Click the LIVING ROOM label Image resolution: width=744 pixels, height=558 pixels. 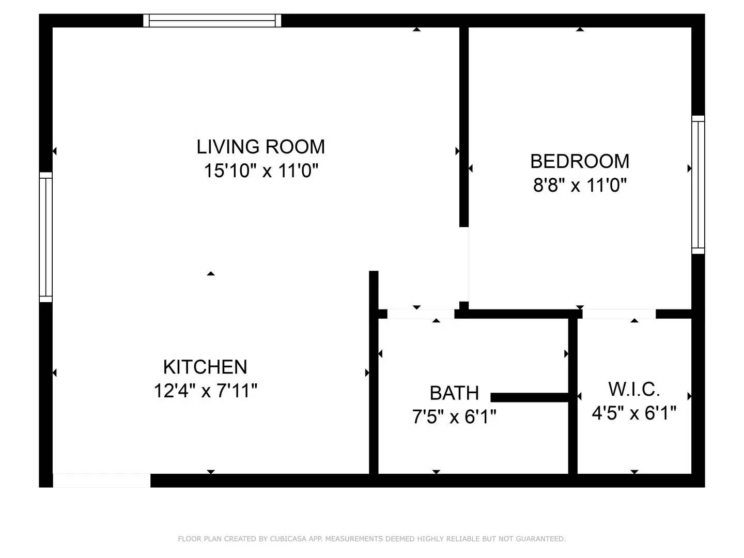[x=260, y=147]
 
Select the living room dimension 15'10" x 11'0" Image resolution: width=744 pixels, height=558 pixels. [x=260, y=171]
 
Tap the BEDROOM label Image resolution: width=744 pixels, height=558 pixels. [x=580, y=161]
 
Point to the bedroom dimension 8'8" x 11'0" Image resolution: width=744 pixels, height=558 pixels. [x=580, y=185]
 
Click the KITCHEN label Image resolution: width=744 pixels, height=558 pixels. [x=205, y=367]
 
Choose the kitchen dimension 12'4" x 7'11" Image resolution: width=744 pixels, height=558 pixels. [x=205, y=391]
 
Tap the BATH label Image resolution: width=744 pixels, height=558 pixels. [x=454, y=393]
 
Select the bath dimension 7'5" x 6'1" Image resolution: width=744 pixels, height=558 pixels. [x=454, y=416]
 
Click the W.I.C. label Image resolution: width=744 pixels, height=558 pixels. [x=634, y=389]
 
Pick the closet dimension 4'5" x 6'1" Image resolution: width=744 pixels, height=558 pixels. [x=634, y=413]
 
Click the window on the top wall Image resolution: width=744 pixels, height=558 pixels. [x=212, y=21]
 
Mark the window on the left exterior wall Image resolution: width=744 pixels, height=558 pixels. [x=46, y=237]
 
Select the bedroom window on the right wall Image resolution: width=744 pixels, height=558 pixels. [x=698, y=185]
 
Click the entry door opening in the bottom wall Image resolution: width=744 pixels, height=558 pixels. [x=102, y=480]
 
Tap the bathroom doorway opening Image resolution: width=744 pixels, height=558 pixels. [x=421, y=314]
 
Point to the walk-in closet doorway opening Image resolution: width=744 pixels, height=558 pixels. [x=619, y=314]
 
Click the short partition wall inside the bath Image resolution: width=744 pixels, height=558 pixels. [x=530, y=397]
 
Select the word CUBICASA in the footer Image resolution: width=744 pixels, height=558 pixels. [x=287, y=539]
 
